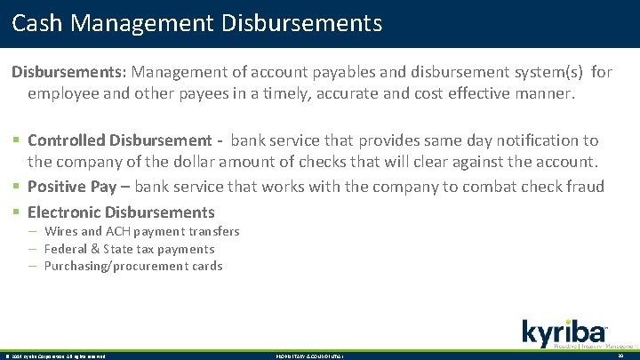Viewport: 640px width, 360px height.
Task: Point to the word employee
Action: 62,93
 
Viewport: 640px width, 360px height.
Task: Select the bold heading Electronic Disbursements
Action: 121,212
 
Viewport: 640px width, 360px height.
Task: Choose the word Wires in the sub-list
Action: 61,231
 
